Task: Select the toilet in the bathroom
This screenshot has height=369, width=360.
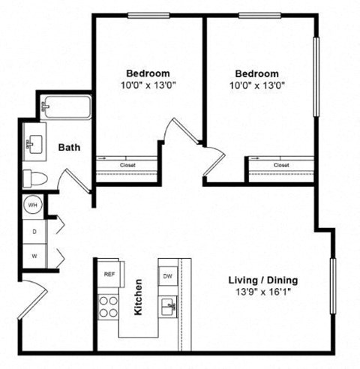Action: pyautogui.click(x=34, y=178)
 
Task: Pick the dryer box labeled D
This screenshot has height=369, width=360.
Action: pyautogui.click(x=34, y=232)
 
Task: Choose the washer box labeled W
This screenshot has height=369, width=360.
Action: pyautogui.click(x=34, y=256)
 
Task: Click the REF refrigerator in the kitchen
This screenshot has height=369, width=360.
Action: pyautogui.click(x=108, y=274)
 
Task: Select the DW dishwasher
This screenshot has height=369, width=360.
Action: pyautogui.click(x=168, y=276)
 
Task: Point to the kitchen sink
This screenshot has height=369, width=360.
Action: pyautogui.click(x=168, y=307)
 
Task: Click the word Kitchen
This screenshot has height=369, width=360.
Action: pyautogui.click(x=139, y=298)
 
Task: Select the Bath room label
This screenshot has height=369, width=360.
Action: pyautogui.click(x=70, y=148)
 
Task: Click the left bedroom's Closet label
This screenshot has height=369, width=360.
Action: pyautogui.click(x=126, y=165)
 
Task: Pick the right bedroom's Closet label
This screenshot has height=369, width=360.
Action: pyautogui.click(x=280, y=165)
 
